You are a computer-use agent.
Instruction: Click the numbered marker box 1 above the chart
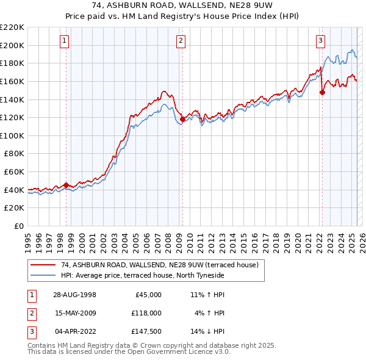click(65, 41)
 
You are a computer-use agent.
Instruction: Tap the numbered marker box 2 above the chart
click(181, 41)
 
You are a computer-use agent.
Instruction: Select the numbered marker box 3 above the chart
click(320, 41)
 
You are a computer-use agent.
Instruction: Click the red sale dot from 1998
click(66, 185)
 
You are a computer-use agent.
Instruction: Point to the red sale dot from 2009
click(182, 119)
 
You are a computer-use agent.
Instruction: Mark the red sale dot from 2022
click(323, 93)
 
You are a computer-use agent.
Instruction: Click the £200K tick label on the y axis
click(12, 45)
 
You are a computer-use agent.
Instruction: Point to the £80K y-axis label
click(15, 154)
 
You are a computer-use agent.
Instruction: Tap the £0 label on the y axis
click(18, 226)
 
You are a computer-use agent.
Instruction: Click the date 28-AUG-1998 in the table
click(74, 295)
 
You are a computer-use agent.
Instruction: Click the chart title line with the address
click(183, 7)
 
